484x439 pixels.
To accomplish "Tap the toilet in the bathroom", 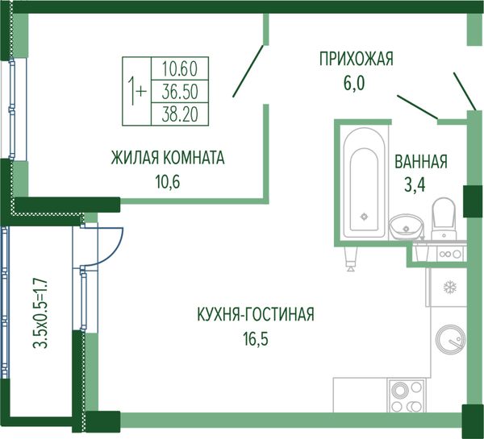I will (444, 217).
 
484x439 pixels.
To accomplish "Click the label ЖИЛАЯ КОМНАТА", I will (168, 158).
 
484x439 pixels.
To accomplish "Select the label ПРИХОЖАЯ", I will (356, 59).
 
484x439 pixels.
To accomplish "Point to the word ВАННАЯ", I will (420, 162).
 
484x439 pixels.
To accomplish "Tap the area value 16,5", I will (253, 338).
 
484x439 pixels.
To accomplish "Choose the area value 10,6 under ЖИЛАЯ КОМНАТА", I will (166, 181).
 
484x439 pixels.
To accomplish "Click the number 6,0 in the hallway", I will (355, 82).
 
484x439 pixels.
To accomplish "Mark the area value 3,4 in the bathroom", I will (415, 186).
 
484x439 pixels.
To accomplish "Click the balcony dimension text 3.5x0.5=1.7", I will (40, 313).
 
